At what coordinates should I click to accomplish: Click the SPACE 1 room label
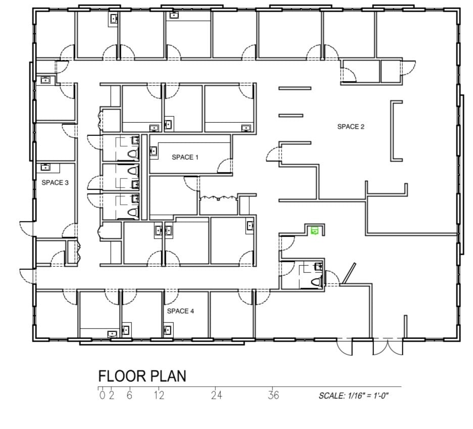[185, 157]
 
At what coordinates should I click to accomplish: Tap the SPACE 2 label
[351, 127]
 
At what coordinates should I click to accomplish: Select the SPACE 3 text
[55, 182]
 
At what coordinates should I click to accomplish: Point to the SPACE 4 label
[180, 311]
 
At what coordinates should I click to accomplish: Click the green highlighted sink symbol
[315, 231]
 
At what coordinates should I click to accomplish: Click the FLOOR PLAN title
[142, 376]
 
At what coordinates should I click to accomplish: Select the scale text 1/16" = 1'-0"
[353, 396]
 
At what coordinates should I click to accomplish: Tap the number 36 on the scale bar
[273, 395]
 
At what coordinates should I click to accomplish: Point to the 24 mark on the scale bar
[216, 395]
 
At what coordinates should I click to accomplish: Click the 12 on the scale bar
[159, 395]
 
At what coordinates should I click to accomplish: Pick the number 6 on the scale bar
[130, 395]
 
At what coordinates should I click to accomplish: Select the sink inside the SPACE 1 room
[154, 151]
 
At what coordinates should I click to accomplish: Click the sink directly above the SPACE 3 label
[45, 166]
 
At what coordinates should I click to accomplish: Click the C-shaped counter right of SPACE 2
[396, 130]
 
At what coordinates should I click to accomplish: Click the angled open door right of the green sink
[349, 273]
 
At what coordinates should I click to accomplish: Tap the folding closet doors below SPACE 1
[218, 198]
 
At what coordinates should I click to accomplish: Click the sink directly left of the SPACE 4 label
[167, 330]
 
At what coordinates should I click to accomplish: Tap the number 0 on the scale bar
[102, 395]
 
